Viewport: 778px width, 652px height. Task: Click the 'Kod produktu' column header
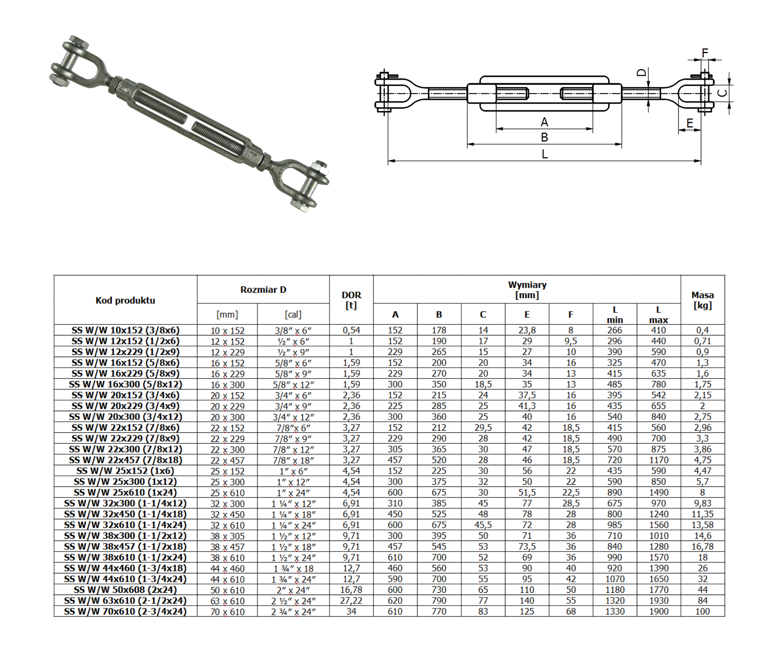pos(125,300)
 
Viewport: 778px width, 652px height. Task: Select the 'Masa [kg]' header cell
pos(703,300)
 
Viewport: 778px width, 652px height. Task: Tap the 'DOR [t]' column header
pos(351,300)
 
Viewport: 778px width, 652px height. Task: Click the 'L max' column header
pos(658,314)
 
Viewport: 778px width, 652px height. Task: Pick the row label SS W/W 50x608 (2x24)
pos(125,590)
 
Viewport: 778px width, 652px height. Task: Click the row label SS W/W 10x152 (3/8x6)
pos(125,330)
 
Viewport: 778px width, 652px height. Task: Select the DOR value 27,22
pos(351,601)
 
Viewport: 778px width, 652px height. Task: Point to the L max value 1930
pos(658,601)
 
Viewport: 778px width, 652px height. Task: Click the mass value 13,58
pos(703,525)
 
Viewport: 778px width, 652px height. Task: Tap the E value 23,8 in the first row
pos(527,330)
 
